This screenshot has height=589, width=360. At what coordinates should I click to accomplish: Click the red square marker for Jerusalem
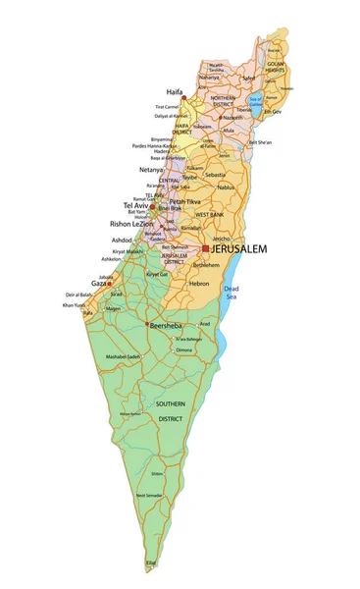[x=205, y=248]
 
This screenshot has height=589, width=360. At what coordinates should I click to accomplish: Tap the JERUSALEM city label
[x=238, y=249]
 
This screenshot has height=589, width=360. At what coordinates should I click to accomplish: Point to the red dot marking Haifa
[x=183, y=98]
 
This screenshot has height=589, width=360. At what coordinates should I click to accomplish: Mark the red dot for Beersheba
[x=147, y=324]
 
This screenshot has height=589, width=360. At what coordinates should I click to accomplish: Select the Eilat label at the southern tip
[x=151, y=562]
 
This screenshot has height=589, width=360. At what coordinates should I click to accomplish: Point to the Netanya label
[x=153, y=170]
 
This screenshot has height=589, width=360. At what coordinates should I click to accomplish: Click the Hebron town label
[x=199, y=283]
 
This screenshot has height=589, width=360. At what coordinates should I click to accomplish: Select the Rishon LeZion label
[x=130, y=224]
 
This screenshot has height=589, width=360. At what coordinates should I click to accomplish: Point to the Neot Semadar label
[x=149, y=496]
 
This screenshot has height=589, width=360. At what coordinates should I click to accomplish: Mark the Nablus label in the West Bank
[x=225, y=187]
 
